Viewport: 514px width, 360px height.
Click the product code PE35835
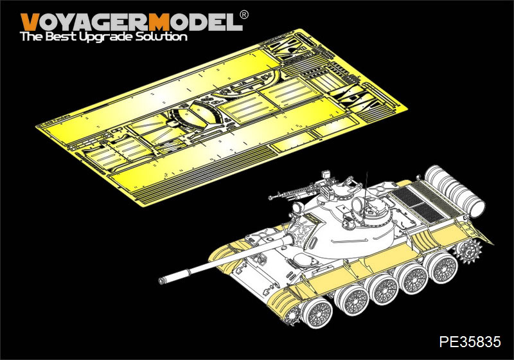point(470,341)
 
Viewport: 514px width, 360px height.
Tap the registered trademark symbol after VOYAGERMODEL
point(244,15)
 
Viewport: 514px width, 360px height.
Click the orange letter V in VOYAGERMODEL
point(29,22)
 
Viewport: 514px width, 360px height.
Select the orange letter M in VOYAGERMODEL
point(159,22)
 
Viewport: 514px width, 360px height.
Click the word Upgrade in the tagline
point(107,37)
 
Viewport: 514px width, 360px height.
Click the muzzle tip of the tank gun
point(161,281)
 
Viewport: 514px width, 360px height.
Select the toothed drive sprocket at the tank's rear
point(467,251)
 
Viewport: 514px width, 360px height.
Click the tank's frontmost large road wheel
point(316,312)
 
